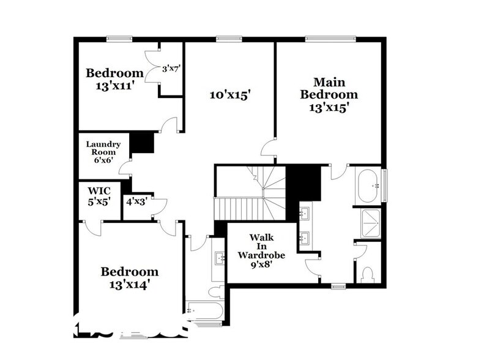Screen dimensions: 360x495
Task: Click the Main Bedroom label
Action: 327,88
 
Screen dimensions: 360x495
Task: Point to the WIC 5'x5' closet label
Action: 99,196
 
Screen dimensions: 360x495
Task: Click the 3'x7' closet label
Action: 171,69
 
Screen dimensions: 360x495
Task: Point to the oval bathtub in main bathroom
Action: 368,186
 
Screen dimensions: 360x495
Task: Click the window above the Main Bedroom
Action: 330,40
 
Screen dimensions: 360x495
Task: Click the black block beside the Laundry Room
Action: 144,143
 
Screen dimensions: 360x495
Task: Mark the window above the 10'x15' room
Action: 229,40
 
